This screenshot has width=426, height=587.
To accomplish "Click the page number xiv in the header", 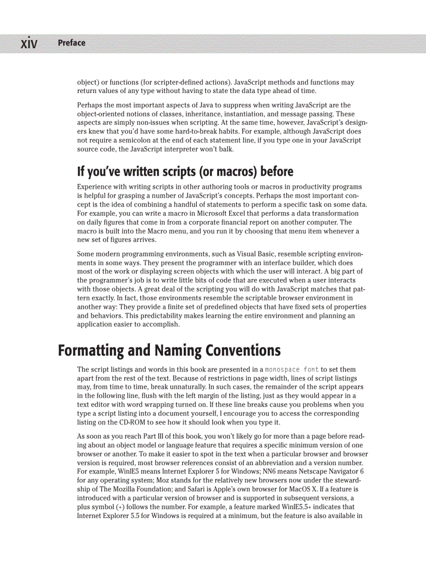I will pyautogui.click(x=29, y=43).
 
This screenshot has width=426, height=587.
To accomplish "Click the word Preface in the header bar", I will pyautogui.click(x=72, y=43).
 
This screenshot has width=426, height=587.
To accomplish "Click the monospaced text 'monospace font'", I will pyautogui.click(x=292, y=370).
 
